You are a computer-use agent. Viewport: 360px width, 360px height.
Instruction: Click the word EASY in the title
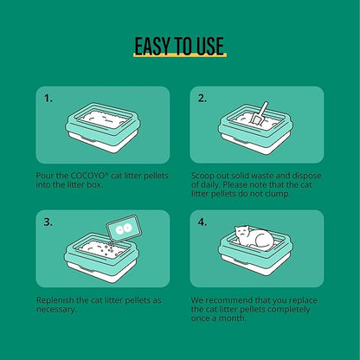(152, 46)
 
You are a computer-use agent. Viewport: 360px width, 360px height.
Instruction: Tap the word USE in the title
(210, 46)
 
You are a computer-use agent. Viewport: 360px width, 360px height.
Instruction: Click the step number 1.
(48, 99)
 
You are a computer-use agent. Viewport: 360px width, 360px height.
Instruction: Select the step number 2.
(202, 99)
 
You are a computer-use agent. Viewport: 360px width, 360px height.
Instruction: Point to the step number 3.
(48, 222)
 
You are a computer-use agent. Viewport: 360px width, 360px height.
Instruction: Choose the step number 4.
(202, 222)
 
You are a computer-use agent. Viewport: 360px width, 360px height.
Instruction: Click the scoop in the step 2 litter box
(259, 113)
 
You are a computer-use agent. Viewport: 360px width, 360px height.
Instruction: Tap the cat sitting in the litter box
(254, 238)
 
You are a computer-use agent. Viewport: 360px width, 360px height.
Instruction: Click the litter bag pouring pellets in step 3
(124, 228)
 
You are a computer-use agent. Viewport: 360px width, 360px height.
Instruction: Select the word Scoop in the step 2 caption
(202, 177)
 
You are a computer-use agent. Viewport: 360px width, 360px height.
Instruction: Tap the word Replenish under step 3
(55, 300)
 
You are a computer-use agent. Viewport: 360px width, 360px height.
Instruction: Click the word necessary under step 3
(56, 310)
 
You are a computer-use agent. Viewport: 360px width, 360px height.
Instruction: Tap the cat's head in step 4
(242, 232)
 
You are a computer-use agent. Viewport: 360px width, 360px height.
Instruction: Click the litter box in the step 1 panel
(103, 127)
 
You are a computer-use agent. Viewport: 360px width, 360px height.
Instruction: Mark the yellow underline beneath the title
(180, 55)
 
